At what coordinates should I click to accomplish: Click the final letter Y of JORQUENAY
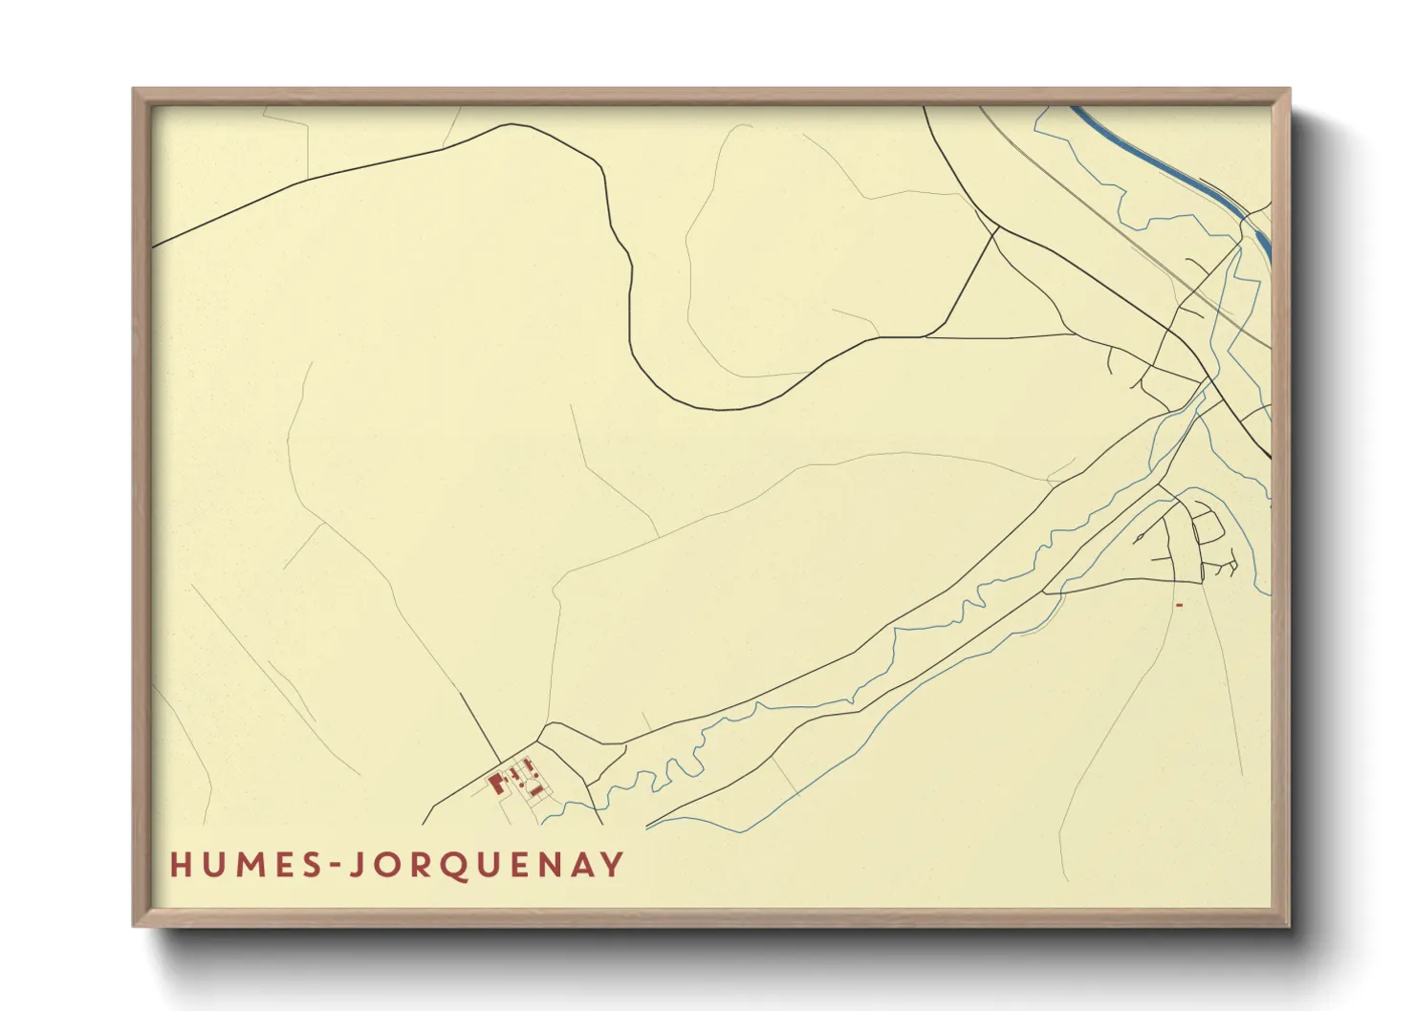[x=612, y=865]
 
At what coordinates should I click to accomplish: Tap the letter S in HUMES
[x=311, y=865]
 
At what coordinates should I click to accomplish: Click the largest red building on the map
[x=496, y=784]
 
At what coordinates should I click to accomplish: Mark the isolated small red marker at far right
[x=1180, y=605]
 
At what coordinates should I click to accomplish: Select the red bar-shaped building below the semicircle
[x=536, y=790]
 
